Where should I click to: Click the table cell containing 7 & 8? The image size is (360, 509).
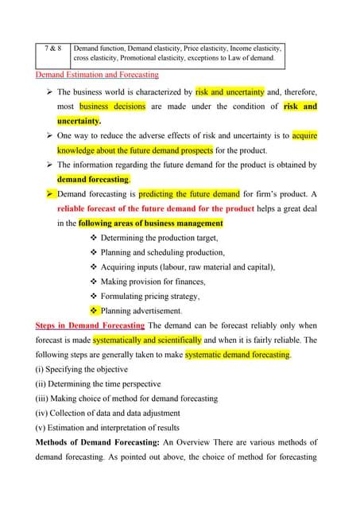tap(53, 49)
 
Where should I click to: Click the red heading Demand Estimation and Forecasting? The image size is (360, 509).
tap(97, 75)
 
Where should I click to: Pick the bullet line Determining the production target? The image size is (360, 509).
tap(159, 238)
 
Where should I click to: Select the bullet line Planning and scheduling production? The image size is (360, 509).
tap(163, 252)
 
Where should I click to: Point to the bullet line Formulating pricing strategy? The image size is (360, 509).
tap(150, 296)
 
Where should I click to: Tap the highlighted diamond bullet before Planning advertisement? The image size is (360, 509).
tap(95, 310)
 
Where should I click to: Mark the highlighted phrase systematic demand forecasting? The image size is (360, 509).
tap(238, 355)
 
